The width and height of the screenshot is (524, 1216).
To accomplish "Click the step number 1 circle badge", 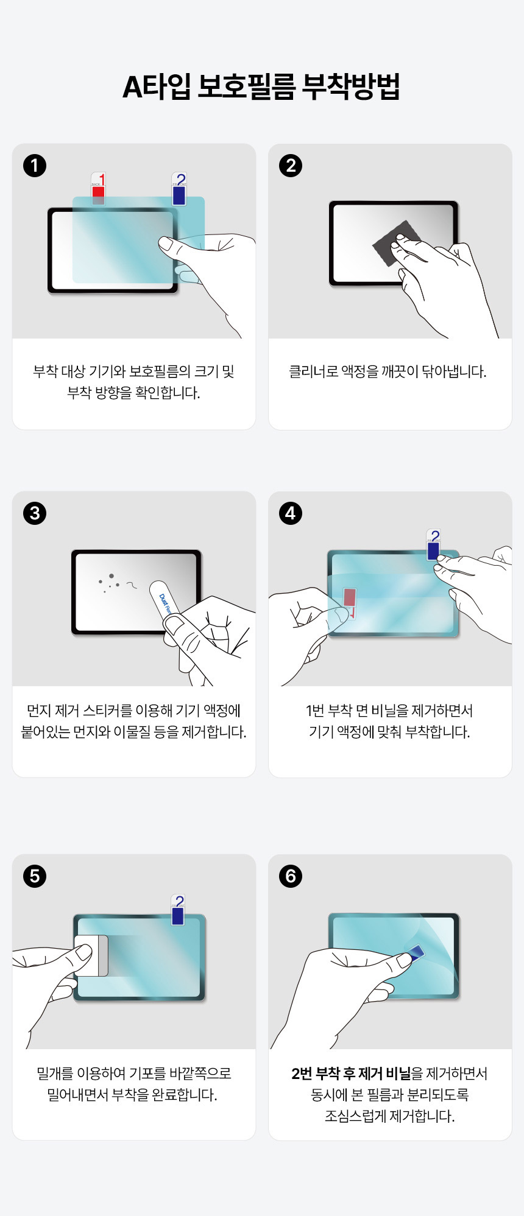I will [35, 166].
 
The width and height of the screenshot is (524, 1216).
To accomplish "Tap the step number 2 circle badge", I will [291, 166].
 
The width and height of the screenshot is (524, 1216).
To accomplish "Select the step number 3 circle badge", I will [35, 513].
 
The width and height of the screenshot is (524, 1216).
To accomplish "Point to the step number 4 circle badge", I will [291, 513].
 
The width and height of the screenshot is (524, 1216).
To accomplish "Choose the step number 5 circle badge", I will [35, 876].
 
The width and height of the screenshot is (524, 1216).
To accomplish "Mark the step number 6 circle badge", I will [291, 876].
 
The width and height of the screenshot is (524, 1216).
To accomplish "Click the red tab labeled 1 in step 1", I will [98, 189].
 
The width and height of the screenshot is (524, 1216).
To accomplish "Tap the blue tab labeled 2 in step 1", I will [179, 190].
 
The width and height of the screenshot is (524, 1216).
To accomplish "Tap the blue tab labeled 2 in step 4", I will [433, 545].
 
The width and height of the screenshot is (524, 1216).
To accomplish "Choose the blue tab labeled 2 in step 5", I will [178, 910].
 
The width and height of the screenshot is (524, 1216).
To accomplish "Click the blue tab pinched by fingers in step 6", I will [416, 952].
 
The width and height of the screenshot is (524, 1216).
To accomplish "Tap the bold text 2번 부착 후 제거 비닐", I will [351, 1074].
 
